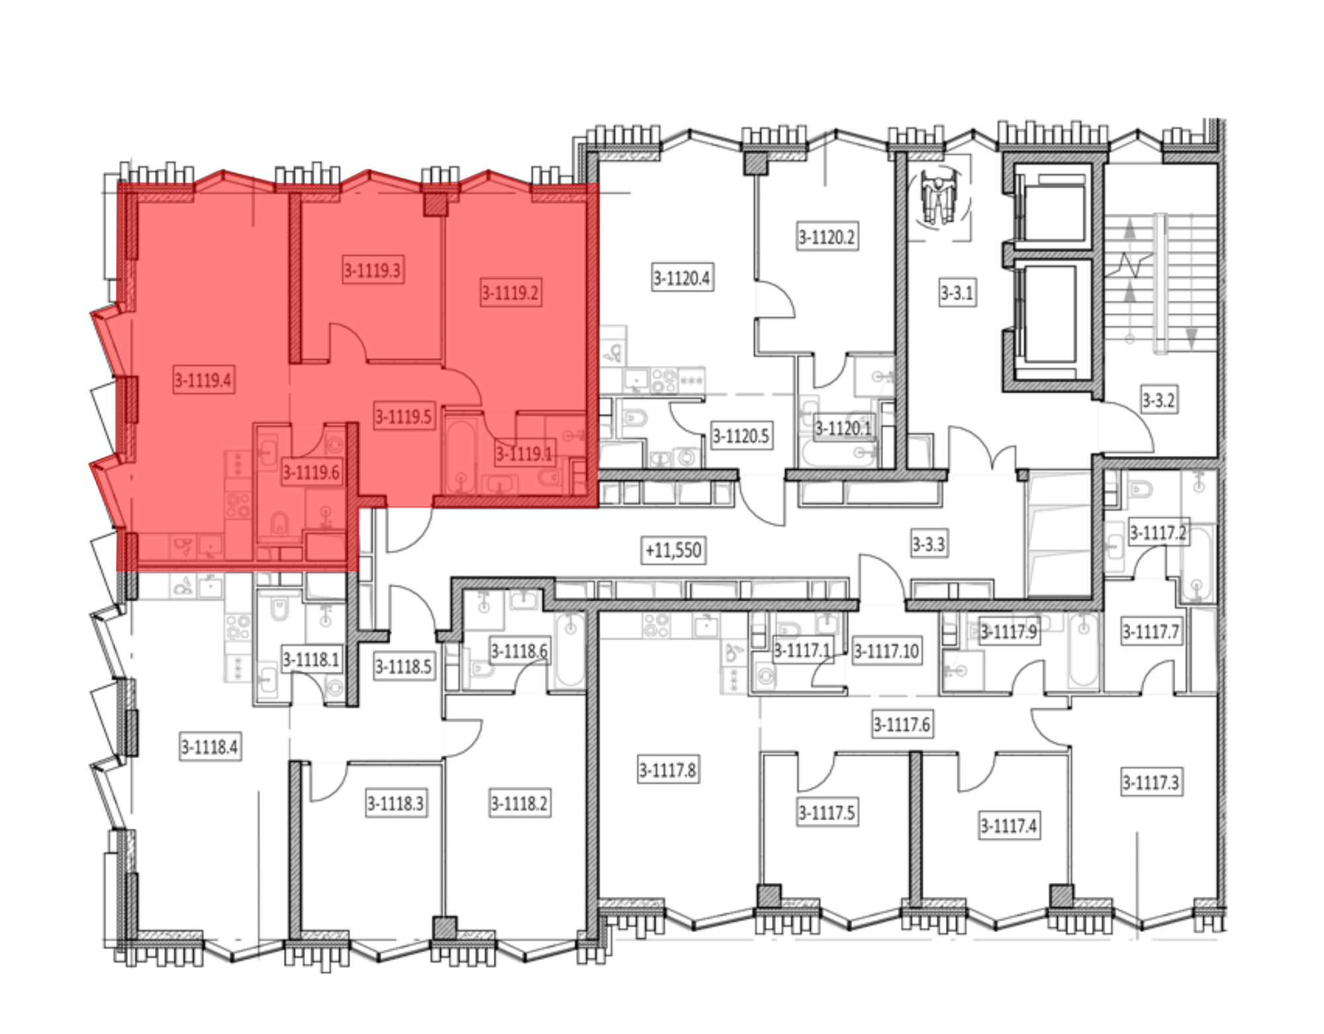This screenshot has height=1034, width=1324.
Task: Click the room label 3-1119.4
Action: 203,380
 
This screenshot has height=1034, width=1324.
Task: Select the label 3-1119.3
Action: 373,270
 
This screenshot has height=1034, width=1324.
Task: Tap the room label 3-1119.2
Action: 510,292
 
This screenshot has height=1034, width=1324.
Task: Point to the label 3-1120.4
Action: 682,278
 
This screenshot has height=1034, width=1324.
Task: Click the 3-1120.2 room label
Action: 827,236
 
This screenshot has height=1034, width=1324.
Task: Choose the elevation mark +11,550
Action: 674,550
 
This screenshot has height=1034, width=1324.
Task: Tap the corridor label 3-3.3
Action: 929,544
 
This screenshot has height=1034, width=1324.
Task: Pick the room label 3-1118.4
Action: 210,747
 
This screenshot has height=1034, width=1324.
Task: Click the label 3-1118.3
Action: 396,804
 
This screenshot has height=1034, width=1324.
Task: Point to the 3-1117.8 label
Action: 668,770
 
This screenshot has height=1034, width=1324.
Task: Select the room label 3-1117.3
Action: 1151,782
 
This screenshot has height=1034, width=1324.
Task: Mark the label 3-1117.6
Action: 902,725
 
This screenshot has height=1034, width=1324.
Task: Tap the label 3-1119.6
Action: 312,473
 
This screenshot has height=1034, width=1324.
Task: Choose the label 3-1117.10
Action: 887,651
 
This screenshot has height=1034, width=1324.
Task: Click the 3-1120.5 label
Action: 741,436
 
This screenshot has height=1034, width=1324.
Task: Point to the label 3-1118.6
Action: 520,651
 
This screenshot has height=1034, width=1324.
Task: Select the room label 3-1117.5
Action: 827,812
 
